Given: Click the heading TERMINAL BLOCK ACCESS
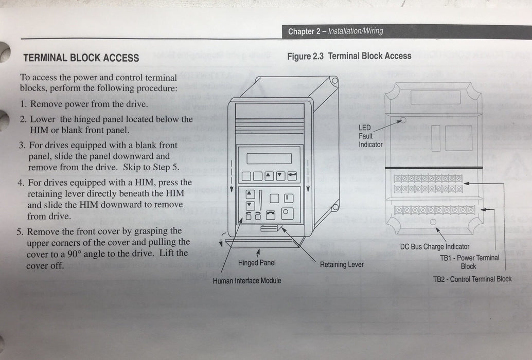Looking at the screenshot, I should coord(81,58).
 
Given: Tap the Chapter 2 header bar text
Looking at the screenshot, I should coord(335,31).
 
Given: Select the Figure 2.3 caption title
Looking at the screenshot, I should coord(349,56).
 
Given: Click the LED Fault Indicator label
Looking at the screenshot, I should coord(370,136).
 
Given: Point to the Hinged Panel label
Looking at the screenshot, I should coord(256,263).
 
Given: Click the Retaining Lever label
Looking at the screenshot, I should coord(341,265).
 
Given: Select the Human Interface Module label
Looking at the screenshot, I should coord(247,281).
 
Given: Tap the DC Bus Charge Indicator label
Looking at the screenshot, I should coord(435,247).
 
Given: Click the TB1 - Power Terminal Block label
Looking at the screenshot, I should coord(469,262).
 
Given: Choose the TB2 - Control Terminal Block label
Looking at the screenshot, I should coord(472,279).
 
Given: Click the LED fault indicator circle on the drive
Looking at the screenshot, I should coord(403,121).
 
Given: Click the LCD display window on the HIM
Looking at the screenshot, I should coord(269,158).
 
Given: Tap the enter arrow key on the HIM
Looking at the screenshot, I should coord(292,176).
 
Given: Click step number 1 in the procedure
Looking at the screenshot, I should coord(24,104).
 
